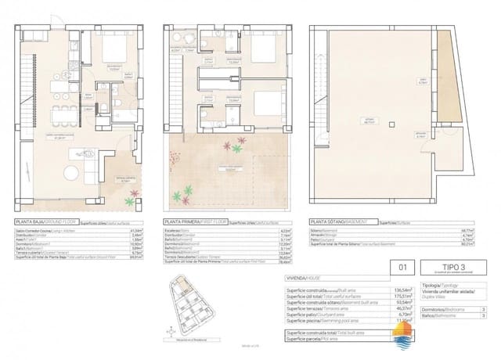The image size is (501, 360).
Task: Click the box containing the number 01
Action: coord(404,267)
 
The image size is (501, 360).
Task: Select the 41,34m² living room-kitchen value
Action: coord(148,230)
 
